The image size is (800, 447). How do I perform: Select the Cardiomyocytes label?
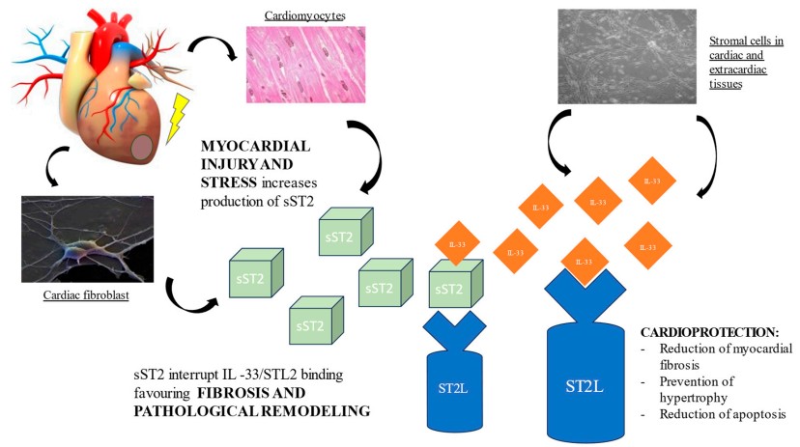click(x=304, y=15)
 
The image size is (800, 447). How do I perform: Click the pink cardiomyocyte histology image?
click(x=305, y=65)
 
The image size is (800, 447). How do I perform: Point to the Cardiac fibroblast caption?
click(x=86, y=295)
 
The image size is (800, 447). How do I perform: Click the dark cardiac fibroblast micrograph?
click(x=87, y=239)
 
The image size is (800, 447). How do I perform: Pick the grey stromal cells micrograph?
click(x=627, y=57)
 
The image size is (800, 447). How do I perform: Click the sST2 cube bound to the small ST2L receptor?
click(x=456, y=284)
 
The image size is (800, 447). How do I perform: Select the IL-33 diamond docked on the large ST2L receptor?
click(x=584, y=262)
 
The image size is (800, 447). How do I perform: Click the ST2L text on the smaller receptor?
click(x=453, y=388)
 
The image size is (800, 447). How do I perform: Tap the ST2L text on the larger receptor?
click(x=585, y=386)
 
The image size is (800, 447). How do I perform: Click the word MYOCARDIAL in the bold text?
click(x=256, y=147)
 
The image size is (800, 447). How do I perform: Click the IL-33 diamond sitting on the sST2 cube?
click(x=457, y=243)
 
